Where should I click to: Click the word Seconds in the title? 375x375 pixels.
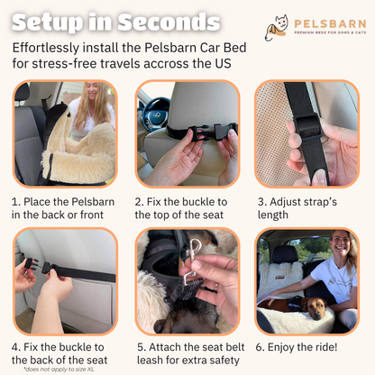(169, 23)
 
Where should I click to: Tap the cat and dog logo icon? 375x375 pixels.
(277, 28)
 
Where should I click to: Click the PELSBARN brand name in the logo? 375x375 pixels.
(330, 23)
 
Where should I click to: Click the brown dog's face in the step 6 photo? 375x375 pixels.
(314, 309)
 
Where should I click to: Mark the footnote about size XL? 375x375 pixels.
(59, 370)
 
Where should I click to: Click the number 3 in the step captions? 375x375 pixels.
(261, 202)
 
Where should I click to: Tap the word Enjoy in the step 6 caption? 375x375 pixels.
(281, 348)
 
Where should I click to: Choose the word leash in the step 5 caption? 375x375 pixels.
(150, 360)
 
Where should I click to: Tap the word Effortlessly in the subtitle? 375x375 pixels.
(46, 48)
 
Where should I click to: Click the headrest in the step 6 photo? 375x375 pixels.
(285, 253)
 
